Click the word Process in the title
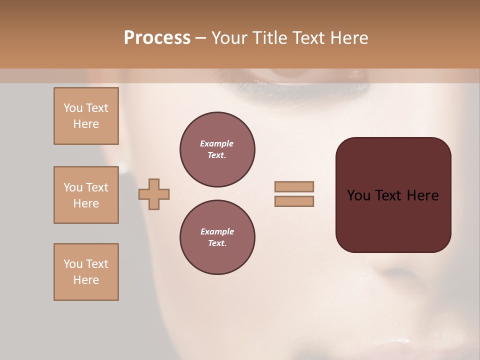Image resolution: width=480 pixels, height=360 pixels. [157, 38]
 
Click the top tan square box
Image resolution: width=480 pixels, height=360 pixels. [86, 116]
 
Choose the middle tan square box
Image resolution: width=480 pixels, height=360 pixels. [86, 195]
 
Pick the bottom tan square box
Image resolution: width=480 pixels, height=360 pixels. [86, 272]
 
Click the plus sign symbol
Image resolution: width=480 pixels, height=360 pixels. [154, 194]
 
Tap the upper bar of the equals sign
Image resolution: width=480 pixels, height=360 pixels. [294, 186]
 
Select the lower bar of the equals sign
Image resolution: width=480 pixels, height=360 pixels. [294, 201]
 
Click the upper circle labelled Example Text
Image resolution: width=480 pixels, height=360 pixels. [217, 149]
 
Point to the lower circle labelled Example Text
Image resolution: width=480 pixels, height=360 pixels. [217, 237]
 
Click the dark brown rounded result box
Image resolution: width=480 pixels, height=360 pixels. [393, 195]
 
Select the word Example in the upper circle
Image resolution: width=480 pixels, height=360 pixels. [216, 143]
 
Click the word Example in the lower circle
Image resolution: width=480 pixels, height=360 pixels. [217, 231]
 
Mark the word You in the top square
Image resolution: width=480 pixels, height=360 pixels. [72, 108]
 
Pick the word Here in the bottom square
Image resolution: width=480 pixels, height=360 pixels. [86, 280]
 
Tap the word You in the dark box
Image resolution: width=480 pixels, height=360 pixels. [358, 195]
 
